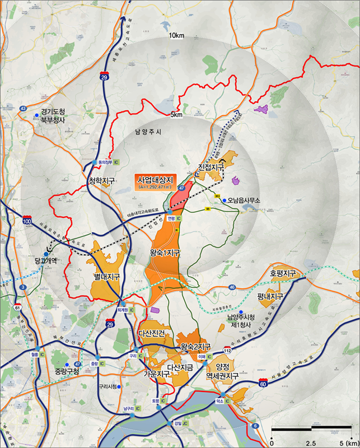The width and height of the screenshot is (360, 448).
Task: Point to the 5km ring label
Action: pos(176,115)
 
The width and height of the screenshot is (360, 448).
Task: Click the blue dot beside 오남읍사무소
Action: pos(224,200)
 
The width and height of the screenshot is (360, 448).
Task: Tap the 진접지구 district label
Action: pos(211,167)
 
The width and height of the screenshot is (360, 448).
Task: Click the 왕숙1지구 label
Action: pos(165,253)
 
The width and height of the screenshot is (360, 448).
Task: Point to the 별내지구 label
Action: pos(107,277)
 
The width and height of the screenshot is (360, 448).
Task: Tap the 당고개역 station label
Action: pos(45,260)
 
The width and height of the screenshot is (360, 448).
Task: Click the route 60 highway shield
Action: pos(263,383)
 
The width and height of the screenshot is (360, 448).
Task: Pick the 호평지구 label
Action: pos(282,274)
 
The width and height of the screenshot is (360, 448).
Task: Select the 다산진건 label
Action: pos(152,334)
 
